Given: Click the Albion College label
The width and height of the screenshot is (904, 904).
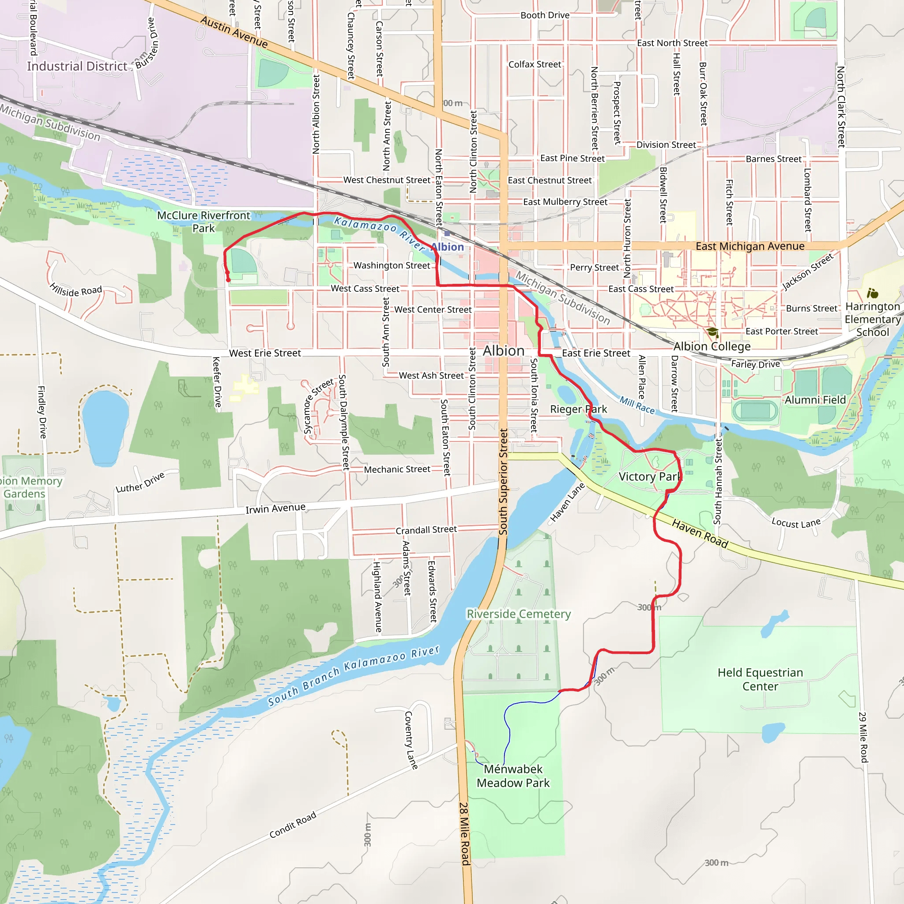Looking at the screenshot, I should click(x=712, y=346).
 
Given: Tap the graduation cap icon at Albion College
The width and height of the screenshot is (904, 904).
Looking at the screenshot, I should click(x=712, y=332).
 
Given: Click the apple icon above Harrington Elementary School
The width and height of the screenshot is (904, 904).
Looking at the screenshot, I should click(x=872, y=294).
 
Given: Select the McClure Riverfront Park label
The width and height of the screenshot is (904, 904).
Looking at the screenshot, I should click(x=203, y=222).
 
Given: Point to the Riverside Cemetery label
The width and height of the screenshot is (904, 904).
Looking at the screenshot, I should click(x=519, y=614).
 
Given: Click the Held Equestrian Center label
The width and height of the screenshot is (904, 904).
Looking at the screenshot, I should click(x=760, y=679).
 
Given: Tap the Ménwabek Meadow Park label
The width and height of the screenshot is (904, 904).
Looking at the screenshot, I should click(x=513, y=776).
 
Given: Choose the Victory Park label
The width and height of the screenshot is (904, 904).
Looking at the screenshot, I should click(x=649, y=476).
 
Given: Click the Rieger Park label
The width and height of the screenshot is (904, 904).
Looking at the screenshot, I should click(x=578, y=410).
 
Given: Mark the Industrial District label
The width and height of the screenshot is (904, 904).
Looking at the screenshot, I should click(x=77, y=67).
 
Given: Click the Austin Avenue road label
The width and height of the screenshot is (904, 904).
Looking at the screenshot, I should click(x=234, y=32).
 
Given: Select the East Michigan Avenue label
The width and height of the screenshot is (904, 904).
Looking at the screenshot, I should click(x=750, y=246).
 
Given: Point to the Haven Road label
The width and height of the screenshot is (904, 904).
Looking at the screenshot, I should click(x=700, y=533).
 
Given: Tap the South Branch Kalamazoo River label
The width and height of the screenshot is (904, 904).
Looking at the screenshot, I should click(x=354, y=675).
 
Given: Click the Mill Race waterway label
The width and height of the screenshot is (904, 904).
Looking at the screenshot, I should click(x=637, y=405).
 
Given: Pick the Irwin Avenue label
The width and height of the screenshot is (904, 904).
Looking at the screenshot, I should click(x=275, y=508).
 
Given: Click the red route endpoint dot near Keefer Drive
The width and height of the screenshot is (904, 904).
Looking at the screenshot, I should click(x=228, y=280).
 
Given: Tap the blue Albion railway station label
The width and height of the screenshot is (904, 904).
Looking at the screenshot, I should click(x=447, y=247).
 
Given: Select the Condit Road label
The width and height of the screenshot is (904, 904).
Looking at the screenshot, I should click(x=293, y=825).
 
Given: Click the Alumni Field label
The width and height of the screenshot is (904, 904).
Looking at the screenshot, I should click(x=815, y=400).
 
